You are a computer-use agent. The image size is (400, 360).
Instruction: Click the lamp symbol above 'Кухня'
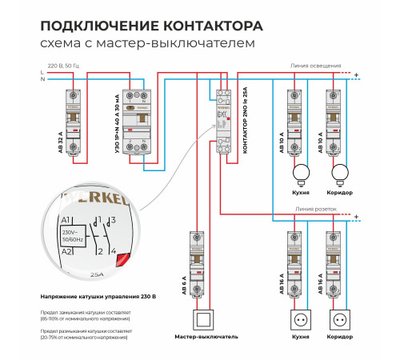click(x=302, y=172)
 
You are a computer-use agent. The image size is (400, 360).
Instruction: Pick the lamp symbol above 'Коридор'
click(x=341, y=172)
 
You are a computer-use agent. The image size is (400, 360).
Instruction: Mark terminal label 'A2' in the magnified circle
click(x=67, y=252)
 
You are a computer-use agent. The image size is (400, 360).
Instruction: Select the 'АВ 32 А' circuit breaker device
click(x=73, y=119)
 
